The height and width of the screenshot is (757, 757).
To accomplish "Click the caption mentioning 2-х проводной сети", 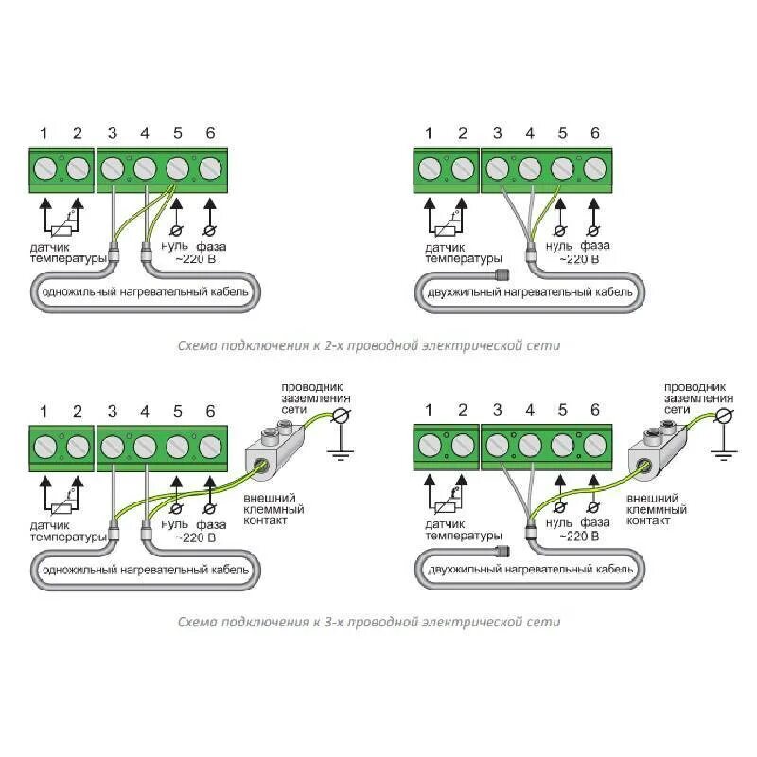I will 369,346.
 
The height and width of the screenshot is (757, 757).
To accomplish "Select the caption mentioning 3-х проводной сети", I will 369,622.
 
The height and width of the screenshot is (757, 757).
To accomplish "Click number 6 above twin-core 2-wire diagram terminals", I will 594,133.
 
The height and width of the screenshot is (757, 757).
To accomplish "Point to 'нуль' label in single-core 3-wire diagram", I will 175,522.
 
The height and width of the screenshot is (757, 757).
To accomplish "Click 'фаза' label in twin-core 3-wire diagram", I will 594,522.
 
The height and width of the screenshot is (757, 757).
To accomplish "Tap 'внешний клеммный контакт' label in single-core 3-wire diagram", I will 270,508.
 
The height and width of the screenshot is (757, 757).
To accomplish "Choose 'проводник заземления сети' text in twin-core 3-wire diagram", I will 695,398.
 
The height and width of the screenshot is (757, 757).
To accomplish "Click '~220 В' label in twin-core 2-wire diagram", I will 577,258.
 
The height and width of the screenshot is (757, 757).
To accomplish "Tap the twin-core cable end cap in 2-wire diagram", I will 500,274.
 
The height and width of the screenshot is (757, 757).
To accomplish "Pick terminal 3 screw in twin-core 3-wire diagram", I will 497,446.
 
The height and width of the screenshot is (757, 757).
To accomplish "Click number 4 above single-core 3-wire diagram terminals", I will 144,411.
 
